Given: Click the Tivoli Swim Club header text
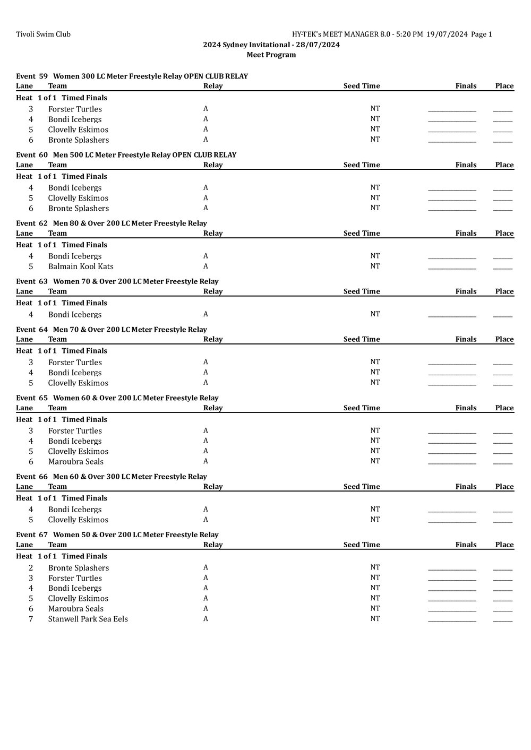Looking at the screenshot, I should pyautogui.click(x=43, y=35).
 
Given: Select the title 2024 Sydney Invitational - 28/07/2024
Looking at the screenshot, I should pyautogui.click(x=271, y=45).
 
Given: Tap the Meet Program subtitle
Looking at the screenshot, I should pyautogui.click(x=271, y=55).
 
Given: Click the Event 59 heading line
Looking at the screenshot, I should pyautogui.click(x=132, y=76).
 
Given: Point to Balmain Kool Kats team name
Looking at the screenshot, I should pyautogui.click(x=81, y=266).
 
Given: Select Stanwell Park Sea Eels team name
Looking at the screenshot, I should pyautogui.click(x=88, y=619).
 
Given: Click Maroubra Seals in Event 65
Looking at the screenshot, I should pyautogui.click(x=76, y=462).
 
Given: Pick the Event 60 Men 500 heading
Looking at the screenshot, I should pyautogui.click(x=126, y=155).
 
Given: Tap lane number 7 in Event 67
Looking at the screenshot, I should pyautogui.click(x=31, y=619).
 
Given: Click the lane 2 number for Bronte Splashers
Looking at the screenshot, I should pyautogui.click(x=31, y=568).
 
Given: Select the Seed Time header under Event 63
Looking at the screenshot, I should pyautogui.click(x=362, y=291).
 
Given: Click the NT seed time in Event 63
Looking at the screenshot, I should pyautogui.click(x=375, y=314).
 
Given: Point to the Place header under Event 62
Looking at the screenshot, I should pyautogui.click(x=504, y=234).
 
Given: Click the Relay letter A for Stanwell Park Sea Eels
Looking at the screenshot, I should pyautogui.click(x=205, y=619).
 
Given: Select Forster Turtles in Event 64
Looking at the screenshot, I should pyautogui.click(x=75, y=363).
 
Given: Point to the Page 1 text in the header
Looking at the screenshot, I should pyautogui.click(x=482, y=35).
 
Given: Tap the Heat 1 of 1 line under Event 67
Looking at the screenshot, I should pyautogui.click(x=62, y=556).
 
